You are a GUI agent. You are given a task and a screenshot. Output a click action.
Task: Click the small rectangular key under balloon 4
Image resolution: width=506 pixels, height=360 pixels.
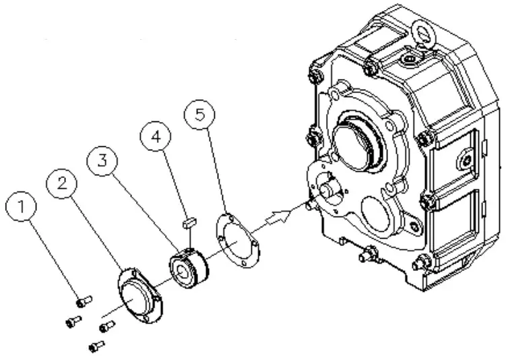[x=189, y=219]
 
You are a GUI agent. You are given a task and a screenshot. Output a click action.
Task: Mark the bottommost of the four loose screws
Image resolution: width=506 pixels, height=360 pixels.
[x=97, y=347]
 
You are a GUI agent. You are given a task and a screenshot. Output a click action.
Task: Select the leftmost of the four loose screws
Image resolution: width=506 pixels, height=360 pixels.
[x=73, y=322]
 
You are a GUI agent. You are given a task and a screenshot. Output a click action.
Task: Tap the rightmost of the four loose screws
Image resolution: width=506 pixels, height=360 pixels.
[x=106, y=327]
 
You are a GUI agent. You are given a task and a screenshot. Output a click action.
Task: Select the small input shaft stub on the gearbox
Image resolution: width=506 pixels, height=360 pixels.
[x=329, y=191]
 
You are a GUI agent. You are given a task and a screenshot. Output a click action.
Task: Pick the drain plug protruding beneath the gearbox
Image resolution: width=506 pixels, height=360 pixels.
[x=367, y=255]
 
